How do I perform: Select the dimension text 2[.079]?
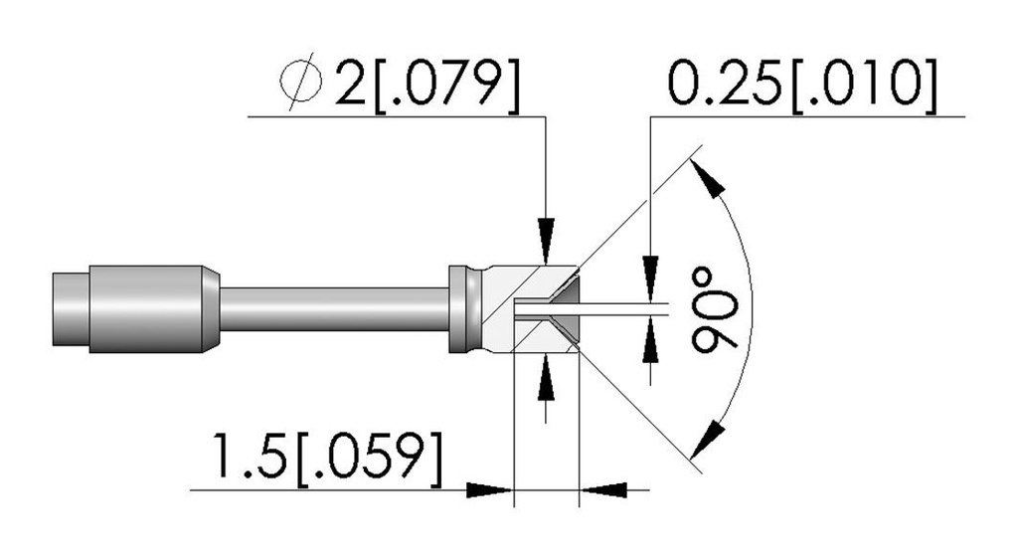(427, 84)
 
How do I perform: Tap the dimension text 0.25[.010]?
(803, 85)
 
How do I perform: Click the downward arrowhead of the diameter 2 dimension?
(547, 242)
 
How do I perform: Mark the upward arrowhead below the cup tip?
(547, 377)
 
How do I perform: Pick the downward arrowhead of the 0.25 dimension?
(650, 280)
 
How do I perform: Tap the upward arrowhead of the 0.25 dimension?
(650, 340)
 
